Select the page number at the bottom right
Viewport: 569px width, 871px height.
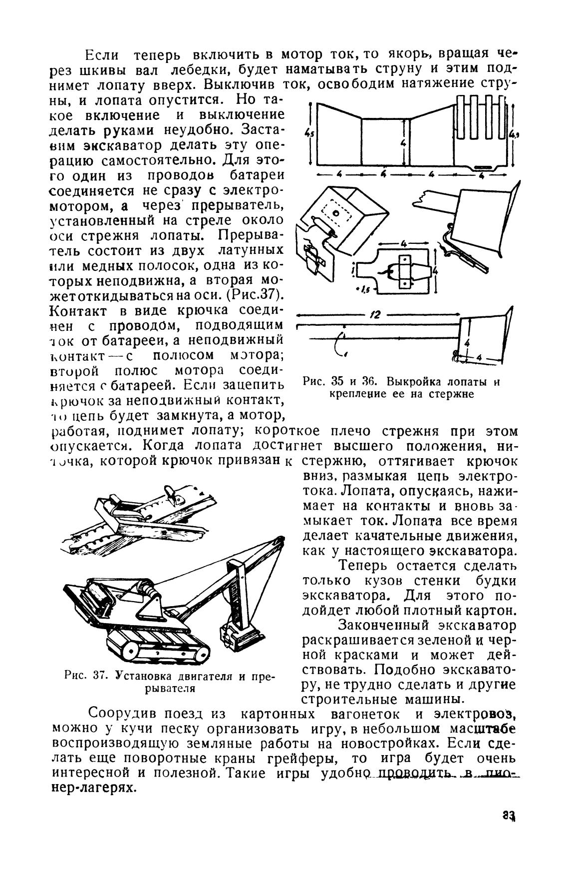coord(509,817)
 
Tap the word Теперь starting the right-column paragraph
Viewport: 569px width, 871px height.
coord(369,566)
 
